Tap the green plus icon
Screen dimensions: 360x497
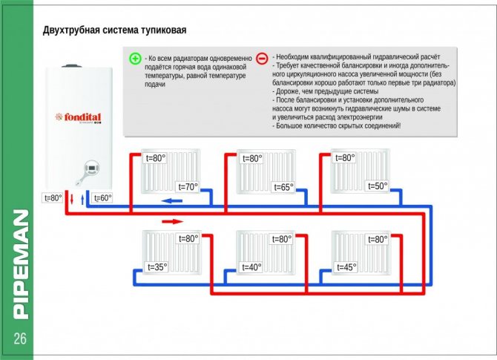(x=134, y=59)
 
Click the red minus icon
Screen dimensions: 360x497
(x=262, y=59)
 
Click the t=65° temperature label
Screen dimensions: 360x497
(x=283, y=187)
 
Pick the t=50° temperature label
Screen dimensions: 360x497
(x=377, y=186)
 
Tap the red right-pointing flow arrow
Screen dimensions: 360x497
(x=171, y=220)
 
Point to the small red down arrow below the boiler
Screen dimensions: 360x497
(x=72, y=198)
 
